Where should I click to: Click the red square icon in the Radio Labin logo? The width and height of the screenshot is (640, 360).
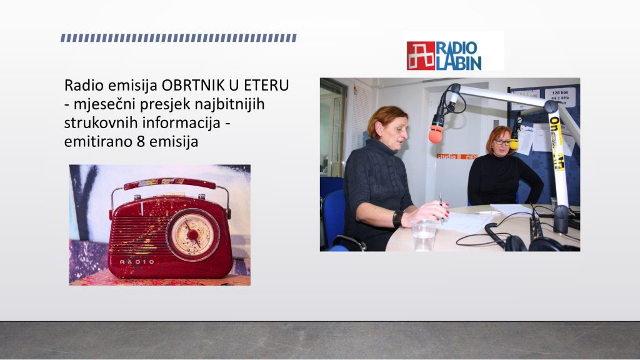[x=421, y=56]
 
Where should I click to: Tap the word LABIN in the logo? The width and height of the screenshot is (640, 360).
[x=458, y=63]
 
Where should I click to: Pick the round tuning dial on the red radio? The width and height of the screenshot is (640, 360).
[x=192, y=235]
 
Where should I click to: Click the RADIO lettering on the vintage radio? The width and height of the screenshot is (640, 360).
[x=137, y=262]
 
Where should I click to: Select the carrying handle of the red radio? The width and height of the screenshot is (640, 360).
[x=171, y=184]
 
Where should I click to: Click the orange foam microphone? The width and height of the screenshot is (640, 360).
[x=436, y=134]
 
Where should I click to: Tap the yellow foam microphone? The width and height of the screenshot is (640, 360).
[x=514, y=143]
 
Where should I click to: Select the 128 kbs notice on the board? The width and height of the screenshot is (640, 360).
[x=559, y=97]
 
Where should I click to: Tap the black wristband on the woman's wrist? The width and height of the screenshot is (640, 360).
[x=397, y=219]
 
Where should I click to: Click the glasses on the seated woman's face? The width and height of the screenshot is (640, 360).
[x=502, y=142]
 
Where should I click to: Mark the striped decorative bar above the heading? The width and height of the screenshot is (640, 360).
[x=179, y=38]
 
